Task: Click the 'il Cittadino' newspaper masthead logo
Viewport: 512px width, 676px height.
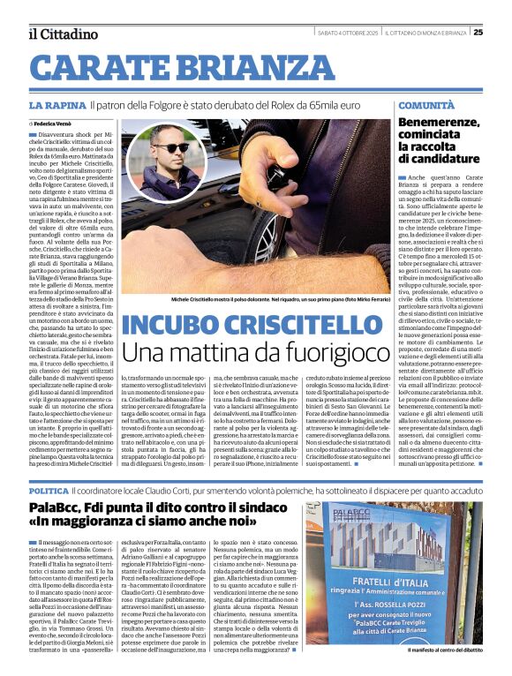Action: point(62,34)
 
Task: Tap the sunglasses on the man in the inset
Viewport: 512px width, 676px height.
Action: point(170,147)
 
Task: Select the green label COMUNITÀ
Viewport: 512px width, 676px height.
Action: point(426,105)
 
